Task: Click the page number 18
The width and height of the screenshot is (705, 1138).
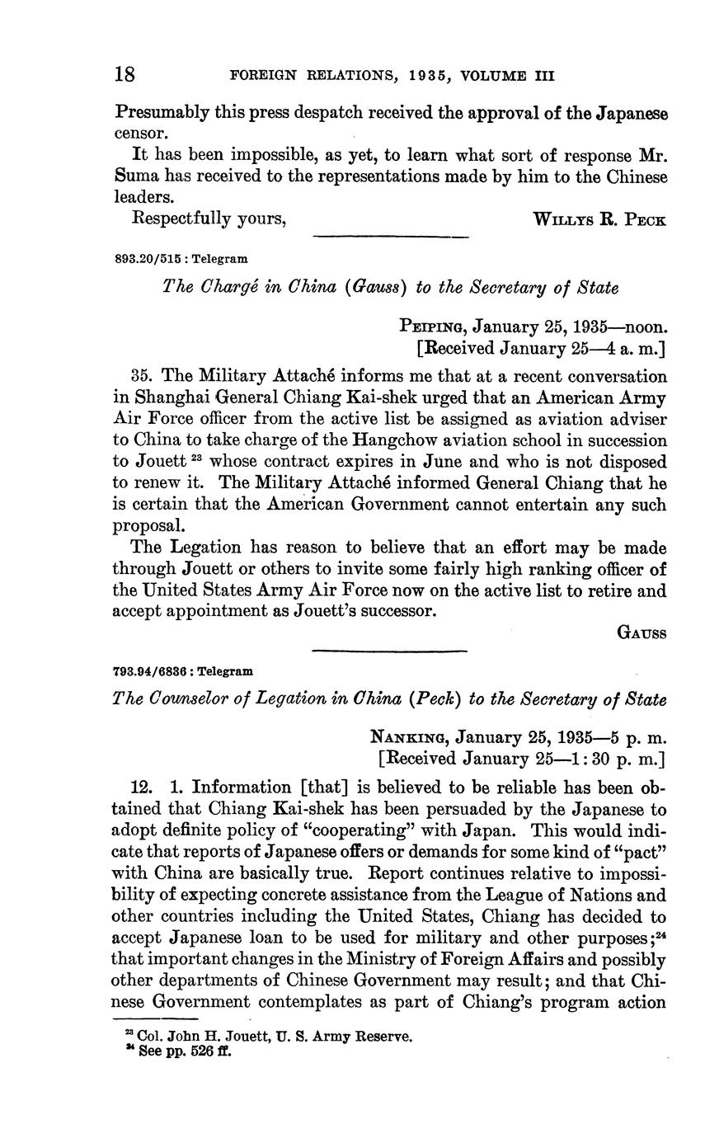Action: (x=125, y=75)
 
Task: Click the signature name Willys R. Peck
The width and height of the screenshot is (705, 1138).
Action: (x=599, y=220)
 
